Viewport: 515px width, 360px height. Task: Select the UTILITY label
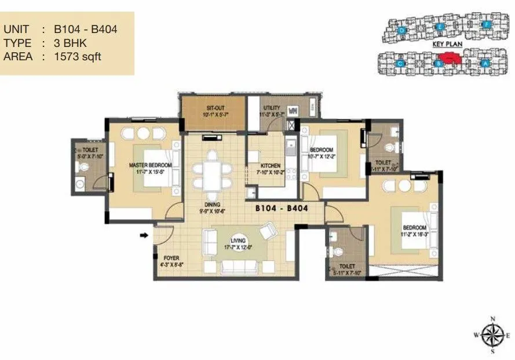(271, 108)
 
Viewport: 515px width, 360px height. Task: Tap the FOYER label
(170, 259)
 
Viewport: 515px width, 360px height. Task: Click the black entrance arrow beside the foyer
(144, 235)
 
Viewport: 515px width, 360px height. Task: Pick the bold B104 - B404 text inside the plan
(281, 208)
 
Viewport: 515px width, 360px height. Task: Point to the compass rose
(492, 335)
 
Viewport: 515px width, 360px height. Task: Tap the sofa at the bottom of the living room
(239, 268)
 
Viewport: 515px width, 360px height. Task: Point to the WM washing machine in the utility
(293, 108)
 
